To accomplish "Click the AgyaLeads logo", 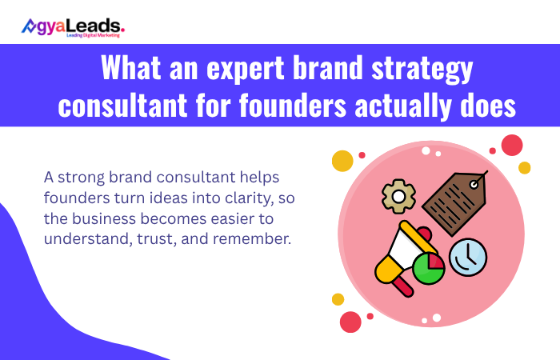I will click(x=73, y=26).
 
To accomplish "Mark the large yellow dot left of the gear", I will click(x=342, y=161).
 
